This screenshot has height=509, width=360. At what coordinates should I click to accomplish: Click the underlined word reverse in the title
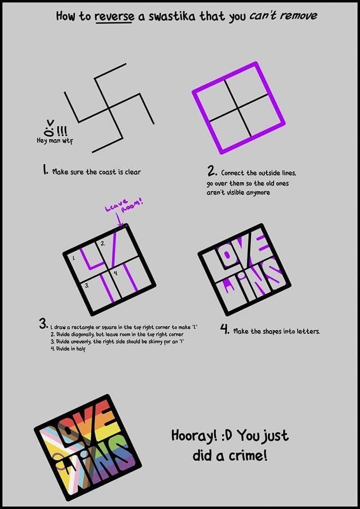114,16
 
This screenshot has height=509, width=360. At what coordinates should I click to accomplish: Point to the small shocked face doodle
49,127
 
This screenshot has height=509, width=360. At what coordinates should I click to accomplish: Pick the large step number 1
46,171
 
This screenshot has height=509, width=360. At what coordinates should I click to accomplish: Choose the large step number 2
212,171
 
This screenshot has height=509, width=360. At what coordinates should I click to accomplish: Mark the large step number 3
43,323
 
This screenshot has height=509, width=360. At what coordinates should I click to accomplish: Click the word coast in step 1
109,172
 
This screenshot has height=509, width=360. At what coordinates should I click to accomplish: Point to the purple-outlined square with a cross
239,108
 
